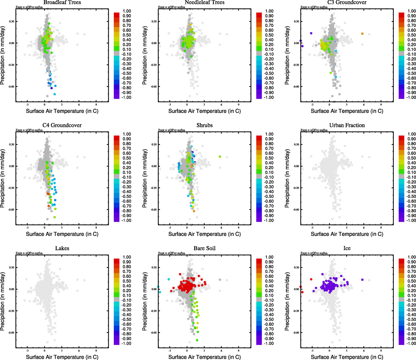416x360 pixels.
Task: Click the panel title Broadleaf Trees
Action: (62, 2)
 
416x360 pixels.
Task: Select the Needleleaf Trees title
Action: (204, 2)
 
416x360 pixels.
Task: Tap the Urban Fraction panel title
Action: (347, 125)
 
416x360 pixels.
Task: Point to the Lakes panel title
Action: (62, 248)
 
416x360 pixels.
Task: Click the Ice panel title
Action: (347, 248)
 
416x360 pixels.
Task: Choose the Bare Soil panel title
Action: (204, 248)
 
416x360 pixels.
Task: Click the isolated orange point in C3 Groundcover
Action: (362, 34)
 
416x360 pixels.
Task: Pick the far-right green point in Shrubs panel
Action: (220, 157)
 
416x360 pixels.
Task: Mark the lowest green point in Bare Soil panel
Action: (197, 340)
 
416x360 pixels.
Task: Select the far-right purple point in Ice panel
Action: (362, 280)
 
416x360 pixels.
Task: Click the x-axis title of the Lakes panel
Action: (62, 357)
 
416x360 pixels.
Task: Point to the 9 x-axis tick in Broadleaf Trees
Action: (96, 105)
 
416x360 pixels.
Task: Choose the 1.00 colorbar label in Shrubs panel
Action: (269, 134)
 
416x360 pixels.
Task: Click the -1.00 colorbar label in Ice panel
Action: (411, 343)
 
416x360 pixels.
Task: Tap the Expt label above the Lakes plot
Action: (29, 253)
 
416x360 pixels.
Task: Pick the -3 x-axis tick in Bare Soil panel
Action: (170, 351)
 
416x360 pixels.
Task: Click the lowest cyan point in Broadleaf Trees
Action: (55, 94)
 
